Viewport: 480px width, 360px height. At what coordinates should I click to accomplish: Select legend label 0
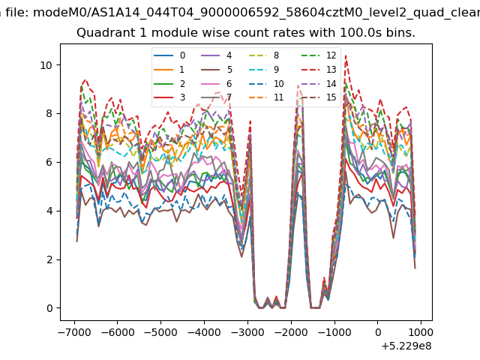point(169,55)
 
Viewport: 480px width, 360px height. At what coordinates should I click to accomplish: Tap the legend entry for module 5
point(217,70)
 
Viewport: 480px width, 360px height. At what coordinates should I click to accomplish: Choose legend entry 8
point(264,55)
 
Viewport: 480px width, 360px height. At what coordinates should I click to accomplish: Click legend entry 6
point(217,83)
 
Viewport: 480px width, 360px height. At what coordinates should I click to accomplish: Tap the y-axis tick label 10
point(46,65)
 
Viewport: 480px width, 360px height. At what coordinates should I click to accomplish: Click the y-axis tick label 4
point(49,211)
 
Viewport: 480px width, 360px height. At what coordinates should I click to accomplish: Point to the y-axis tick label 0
point(49,308)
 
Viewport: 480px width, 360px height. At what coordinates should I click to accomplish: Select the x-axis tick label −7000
point(75,332)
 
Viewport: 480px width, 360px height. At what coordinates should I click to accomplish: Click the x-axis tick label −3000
point(247,332)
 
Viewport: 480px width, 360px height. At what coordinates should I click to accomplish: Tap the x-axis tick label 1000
point(421,332)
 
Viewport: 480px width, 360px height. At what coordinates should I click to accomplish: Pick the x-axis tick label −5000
point(161,332)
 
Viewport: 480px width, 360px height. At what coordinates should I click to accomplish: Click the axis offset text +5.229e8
point(406,346)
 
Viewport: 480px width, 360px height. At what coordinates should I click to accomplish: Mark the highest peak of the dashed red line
point(346,55)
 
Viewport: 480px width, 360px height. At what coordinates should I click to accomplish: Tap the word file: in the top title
point(18,13)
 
